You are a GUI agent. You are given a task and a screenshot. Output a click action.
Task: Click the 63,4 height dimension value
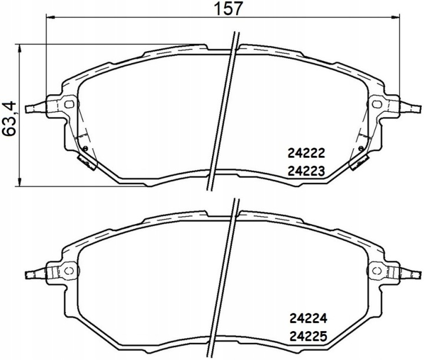tap(9, 119)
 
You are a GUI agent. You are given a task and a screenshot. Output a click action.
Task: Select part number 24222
tap(306, 154)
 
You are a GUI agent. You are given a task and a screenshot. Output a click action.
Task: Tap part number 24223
tap(306, 171)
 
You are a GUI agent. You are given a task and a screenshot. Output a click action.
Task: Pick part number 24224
tap(308, 319)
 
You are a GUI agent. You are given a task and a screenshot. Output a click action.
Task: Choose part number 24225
tap(308, 336)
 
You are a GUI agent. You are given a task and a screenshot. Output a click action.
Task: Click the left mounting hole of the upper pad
tap(69, 104)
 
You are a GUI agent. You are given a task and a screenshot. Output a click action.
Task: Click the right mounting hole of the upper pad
tap(377, 104)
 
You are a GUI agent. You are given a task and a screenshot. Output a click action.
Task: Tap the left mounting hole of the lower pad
tap(69, 270)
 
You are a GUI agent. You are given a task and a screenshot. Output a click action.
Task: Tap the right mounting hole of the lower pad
tap(377, 270)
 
